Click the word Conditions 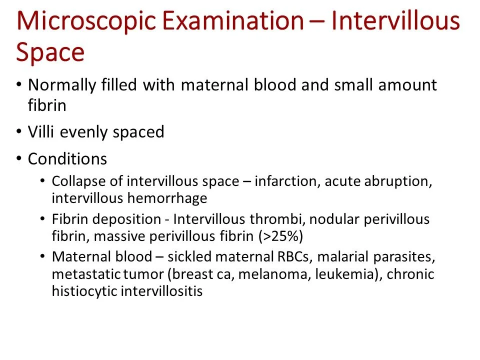coord(67,159)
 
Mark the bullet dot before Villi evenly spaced coord(19,132)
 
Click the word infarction coord(285,181)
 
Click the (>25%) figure coord(281,236)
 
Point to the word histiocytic coord(83,291)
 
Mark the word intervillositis coord(161,291)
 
